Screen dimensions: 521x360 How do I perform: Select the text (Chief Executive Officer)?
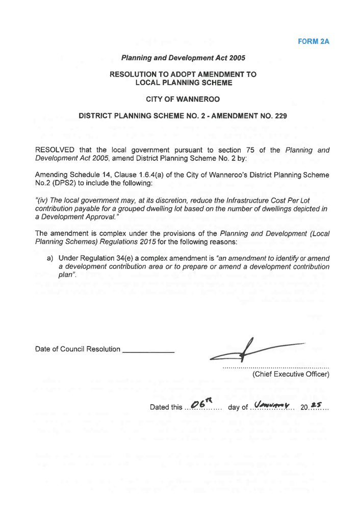pos(290,376)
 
